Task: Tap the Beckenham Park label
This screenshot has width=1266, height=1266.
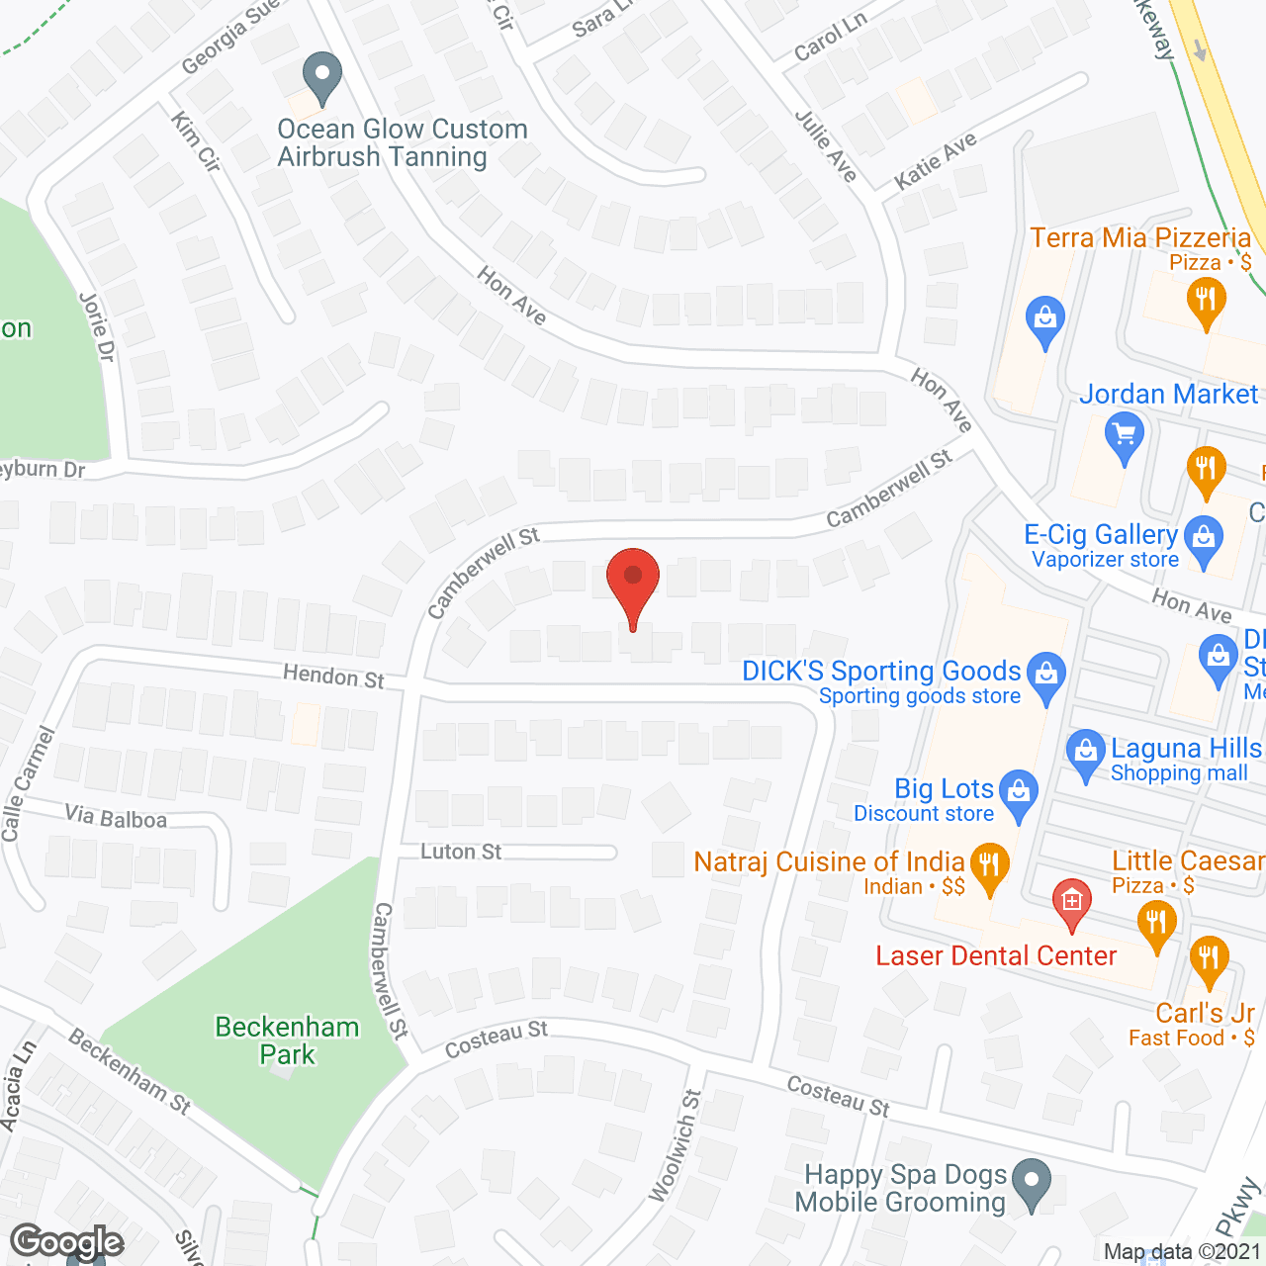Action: [287, 1040]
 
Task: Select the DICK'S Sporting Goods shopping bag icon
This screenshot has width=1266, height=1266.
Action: [1046, 675]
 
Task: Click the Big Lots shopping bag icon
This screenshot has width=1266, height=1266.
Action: [1019, 792]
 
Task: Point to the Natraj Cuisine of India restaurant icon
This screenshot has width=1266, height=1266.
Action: [989, 864]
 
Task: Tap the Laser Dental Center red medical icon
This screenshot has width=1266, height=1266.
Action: [1071, 900]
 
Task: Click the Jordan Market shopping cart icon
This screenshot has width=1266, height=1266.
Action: [1124, 434]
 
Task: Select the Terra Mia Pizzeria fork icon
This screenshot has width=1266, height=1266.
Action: [1205, 298]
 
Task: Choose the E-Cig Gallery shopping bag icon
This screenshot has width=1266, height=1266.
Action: [1204, 539]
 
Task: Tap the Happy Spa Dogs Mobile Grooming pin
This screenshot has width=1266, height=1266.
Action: [1032, 1181]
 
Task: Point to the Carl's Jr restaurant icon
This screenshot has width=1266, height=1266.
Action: [1209, 957]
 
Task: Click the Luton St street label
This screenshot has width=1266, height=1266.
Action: [461, 852]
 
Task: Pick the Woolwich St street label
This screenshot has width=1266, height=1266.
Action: [676, 1146]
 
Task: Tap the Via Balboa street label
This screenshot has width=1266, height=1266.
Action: [116, 817]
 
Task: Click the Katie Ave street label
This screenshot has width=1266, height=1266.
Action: [935, 160]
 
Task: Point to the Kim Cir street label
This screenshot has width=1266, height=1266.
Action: [195, 140]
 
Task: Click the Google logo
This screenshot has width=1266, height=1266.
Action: [67, 1242]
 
